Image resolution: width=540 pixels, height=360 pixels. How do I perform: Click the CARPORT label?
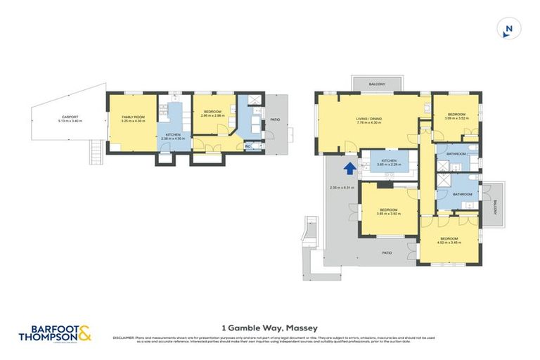[70, 117]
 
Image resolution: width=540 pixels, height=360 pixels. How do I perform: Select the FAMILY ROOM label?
[133, 117]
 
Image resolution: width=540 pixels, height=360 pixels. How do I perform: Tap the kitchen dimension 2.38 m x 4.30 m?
[173, 139]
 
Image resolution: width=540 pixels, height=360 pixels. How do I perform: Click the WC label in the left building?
[248, 146]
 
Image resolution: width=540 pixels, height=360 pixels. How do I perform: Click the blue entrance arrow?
[349, 168]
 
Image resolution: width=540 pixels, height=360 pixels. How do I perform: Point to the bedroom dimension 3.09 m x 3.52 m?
[456, 119]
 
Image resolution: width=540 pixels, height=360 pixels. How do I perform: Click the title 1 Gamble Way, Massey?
[269, 327]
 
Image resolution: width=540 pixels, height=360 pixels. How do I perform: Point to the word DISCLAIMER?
[124, 337]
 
